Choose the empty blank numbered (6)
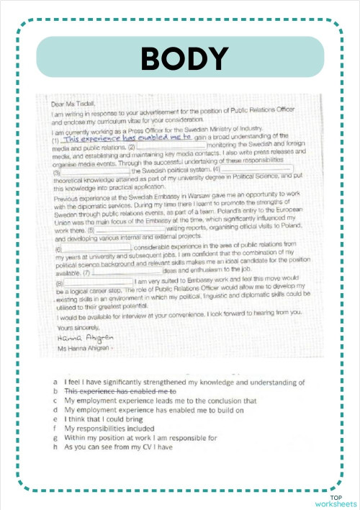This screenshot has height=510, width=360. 98,247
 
